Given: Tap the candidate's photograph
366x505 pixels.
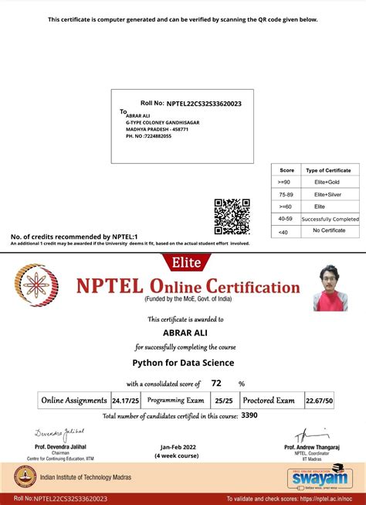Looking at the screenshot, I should tap(330, 288).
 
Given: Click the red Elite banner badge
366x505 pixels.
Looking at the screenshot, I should tap(182, 262).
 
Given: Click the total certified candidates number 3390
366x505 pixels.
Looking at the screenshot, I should tap(250, 416).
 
